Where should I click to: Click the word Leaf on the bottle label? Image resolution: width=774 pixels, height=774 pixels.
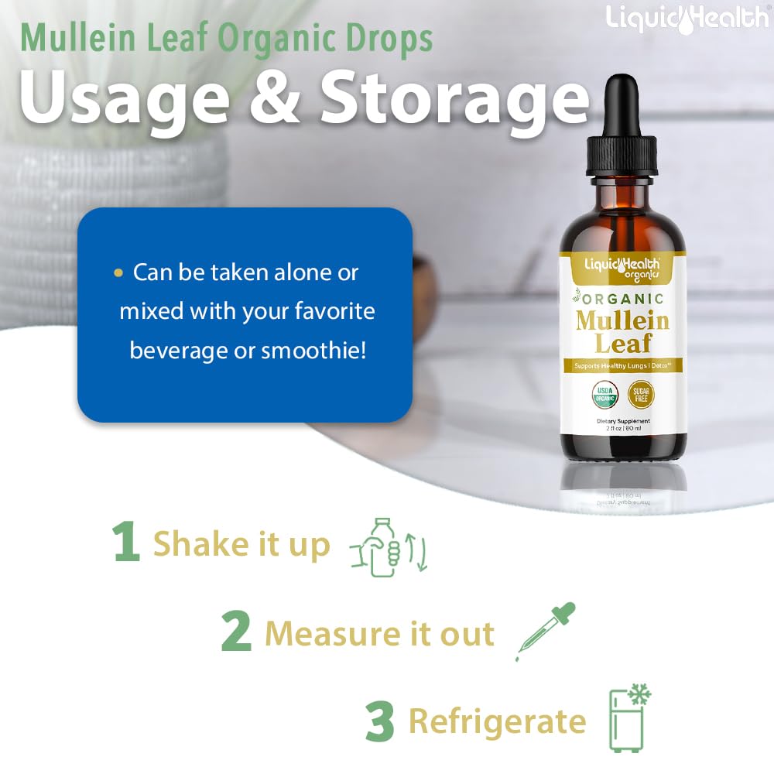[623, 343]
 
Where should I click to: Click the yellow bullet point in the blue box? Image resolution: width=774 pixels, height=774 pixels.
[118, 273]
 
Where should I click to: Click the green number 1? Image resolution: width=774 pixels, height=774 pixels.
[126, 543]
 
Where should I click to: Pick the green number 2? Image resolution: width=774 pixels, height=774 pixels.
[236, 632]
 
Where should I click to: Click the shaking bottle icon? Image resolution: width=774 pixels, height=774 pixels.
[389, 547]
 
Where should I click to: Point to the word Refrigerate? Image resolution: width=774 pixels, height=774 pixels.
[497, 721]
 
